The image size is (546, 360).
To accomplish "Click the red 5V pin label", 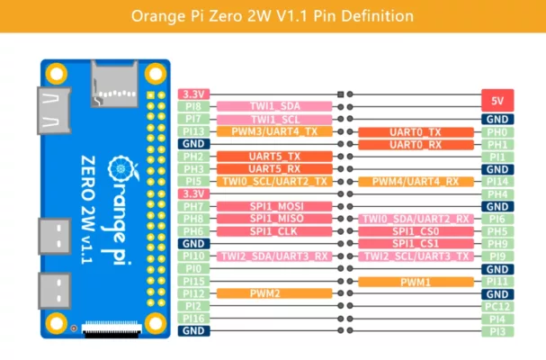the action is (497, 101).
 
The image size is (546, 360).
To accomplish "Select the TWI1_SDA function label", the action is (274, 106).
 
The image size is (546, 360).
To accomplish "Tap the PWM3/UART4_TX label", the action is (274, 131).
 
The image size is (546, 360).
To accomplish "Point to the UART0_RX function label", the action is (416, 145).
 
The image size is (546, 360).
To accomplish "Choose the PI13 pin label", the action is (193, 131).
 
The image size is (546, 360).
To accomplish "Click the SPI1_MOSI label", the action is (274, 206).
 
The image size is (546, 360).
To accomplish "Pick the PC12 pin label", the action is (497, 306).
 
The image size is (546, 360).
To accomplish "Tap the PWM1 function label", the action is (416, 282).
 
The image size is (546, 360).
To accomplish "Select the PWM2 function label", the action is (274, 293).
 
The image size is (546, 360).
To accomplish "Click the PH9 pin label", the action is (497, 244).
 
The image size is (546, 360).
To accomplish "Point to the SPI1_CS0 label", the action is (416, 231).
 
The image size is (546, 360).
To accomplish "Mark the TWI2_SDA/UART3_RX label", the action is (274, 256).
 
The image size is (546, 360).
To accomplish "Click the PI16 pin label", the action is (193, 319).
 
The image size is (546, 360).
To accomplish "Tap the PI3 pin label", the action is (497, 331).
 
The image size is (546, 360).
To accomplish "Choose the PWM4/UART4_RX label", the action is (416, 182).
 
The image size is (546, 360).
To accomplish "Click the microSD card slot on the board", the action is (114, 84).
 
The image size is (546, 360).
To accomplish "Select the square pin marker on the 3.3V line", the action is (341, 94).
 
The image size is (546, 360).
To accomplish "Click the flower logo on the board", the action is (121, 169).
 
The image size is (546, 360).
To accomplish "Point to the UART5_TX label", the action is (274, 157).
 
